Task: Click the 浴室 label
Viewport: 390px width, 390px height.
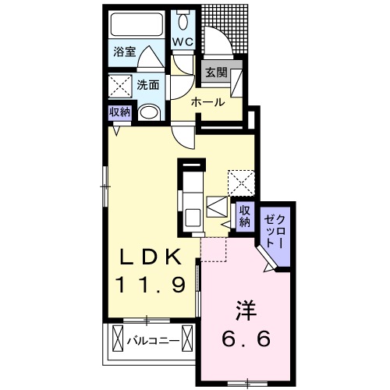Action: (x=125, y=53)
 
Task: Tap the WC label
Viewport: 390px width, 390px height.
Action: (x=183, y=41)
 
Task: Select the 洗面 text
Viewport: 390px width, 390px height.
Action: (x=148, y=84)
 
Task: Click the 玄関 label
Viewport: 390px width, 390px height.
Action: (x=216, y=73)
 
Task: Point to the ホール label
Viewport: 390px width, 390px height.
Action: (x=208, y=102)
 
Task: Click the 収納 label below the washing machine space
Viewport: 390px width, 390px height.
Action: (x=119, y=112)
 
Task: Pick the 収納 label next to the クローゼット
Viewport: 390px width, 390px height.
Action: (x=244, y=215)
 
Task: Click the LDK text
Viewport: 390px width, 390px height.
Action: (x=154, y=257)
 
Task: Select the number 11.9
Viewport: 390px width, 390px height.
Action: (x=154, y=285)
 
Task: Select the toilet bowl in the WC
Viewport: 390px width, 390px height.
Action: (x=184, y=19)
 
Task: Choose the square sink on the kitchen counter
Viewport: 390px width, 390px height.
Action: (x=217, y=209)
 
